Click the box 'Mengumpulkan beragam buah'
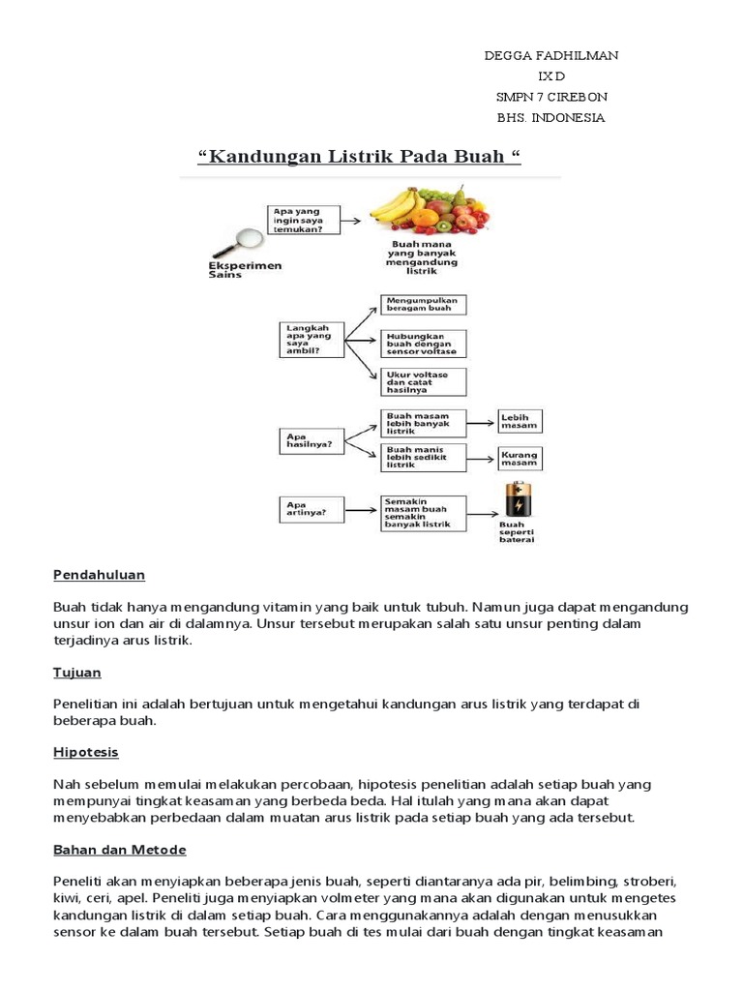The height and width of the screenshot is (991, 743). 423,306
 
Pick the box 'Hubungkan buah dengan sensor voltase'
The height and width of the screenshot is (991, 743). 423,344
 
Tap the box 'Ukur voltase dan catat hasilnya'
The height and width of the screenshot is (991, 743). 423,381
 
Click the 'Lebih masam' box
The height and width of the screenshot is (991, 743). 520,421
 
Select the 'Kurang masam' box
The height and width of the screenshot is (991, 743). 520,458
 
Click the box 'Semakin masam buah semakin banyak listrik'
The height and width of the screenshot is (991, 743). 423,512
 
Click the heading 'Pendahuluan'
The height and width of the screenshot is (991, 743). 99,575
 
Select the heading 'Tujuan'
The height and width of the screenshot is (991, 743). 77,672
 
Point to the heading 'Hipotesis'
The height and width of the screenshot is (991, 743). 86,752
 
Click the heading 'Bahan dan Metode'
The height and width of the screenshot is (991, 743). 120,850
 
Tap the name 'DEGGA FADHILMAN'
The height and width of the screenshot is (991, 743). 550,56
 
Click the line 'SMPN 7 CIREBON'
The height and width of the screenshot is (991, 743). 550,98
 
